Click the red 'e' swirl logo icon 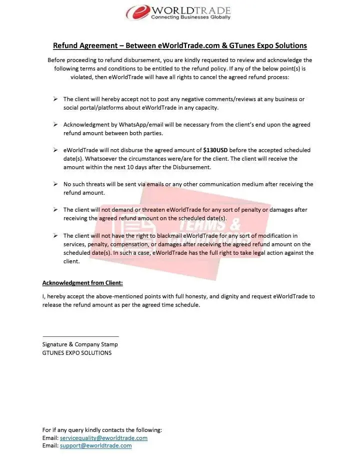137,12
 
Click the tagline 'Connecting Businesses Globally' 191,18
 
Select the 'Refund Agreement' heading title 179,46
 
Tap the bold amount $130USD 215,150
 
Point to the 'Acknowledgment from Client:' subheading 79,283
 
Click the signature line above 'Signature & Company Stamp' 80,336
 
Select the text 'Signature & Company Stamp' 80,344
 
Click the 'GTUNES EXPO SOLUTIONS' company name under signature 77,353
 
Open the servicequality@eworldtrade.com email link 103,438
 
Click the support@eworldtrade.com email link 95,445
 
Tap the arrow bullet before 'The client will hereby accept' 56,99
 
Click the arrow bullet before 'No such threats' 56,184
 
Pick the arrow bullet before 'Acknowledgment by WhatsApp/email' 56,125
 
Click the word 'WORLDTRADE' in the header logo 191,10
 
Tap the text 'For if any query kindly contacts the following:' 102,430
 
